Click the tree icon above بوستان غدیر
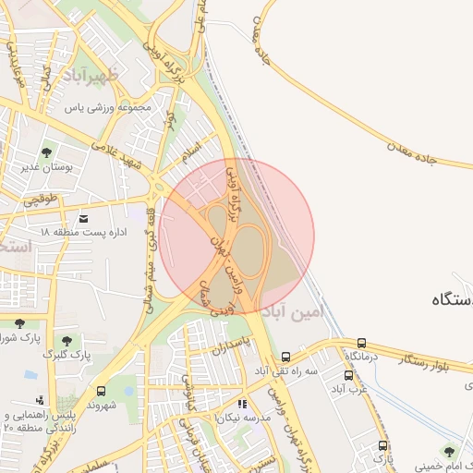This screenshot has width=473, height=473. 47,152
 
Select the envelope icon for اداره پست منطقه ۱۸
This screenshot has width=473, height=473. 85,218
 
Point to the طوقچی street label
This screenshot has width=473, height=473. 39,198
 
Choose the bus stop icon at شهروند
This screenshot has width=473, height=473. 100,391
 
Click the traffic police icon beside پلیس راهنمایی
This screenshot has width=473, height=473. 39,400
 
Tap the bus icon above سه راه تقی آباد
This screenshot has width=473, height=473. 285,356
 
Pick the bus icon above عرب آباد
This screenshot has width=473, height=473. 348,375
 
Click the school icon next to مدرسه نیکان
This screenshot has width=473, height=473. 242,403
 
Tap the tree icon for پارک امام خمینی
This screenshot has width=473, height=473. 449,452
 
